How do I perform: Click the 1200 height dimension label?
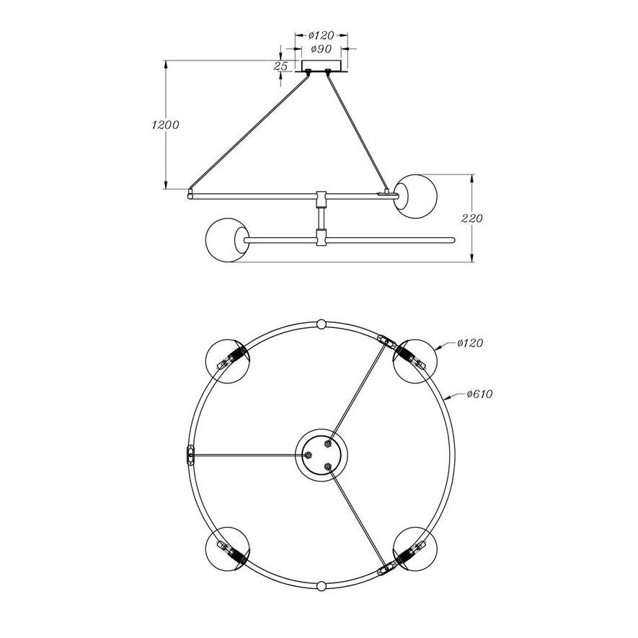point(165,125)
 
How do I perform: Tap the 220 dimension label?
point(472,218)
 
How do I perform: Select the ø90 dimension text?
point(321,49)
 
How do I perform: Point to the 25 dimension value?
point(280,66)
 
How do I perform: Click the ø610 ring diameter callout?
point(479,394)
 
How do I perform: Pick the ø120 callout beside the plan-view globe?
point(470,343)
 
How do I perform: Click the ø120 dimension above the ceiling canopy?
point(321,35)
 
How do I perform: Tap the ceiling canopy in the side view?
point(321,66)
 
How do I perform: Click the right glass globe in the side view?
point(415,196)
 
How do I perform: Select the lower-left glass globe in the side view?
point(227,240)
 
